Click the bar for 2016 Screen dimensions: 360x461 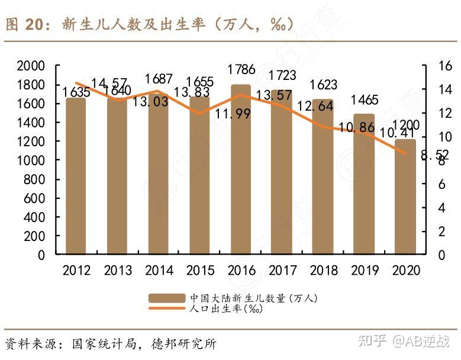241,178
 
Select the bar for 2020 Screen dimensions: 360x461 405,198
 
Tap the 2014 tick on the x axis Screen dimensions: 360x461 158,271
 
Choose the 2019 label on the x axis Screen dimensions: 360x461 364,271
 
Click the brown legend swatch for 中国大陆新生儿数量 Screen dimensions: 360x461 167,298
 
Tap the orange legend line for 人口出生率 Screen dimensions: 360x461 167,308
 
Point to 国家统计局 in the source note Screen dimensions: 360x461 105,344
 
